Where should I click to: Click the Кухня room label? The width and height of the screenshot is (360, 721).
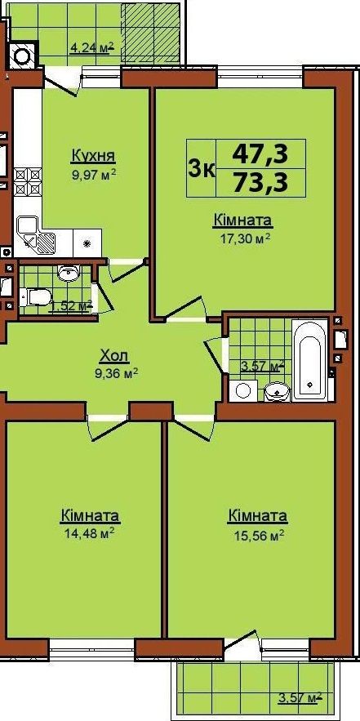93,156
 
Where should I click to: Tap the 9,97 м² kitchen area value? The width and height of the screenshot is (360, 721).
93,175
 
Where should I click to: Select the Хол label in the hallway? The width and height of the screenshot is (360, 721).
114,355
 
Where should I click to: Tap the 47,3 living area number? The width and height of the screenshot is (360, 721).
260,154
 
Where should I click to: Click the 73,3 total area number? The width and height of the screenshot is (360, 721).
260,183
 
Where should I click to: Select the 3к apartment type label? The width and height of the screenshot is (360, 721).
201,169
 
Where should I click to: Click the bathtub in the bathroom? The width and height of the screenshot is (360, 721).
309,360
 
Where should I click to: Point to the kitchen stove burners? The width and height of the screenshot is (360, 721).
28,181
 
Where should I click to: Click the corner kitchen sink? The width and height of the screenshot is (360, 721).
36,235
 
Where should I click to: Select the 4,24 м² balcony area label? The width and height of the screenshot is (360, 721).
91,47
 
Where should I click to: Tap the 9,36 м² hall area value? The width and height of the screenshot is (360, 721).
116,373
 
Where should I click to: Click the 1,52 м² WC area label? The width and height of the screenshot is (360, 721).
71,305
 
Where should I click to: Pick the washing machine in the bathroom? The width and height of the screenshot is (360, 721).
243,391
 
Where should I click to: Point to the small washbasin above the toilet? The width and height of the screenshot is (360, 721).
69,274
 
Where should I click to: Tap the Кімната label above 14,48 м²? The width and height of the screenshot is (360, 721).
90,515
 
